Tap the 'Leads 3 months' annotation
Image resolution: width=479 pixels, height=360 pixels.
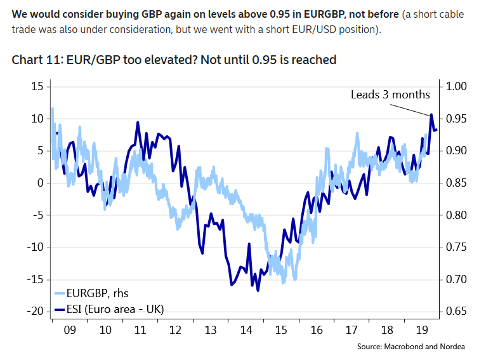point(390,95)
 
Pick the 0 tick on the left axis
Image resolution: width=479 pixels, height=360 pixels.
point(39,183)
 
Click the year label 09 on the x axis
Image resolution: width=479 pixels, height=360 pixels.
point(70,330)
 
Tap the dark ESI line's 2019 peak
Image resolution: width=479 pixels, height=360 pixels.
point(431,115)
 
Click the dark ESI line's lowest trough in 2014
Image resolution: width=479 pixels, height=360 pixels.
point(258,290)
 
